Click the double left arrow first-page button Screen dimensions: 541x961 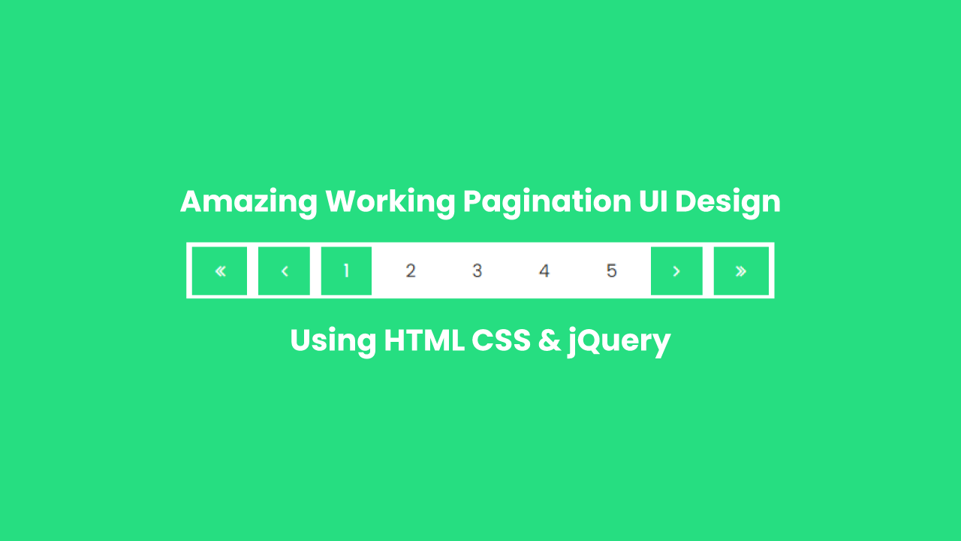219,270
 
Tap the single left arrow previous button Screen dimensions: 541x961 284,270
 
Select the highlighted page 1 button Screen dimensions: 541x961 346,270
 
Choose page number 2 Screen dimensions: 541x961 411,270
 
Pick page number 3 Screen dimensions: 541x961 477,270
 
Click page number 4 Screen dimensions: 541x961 544,270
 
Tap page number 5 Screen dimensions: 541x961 611,270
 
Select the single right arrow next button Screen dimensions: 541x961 676,270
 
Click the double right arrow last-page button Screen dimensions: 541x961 741,270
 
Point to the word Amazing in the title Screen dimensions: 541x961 247,202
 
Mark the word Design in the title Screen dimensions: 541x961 728,202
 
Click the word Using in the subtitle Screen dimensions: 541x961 333,341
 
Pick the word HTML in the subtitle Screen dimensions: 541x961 423,340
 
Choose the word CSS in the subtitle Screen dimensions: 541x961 501,340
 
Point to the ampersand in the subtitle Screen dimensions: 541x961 550,341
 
